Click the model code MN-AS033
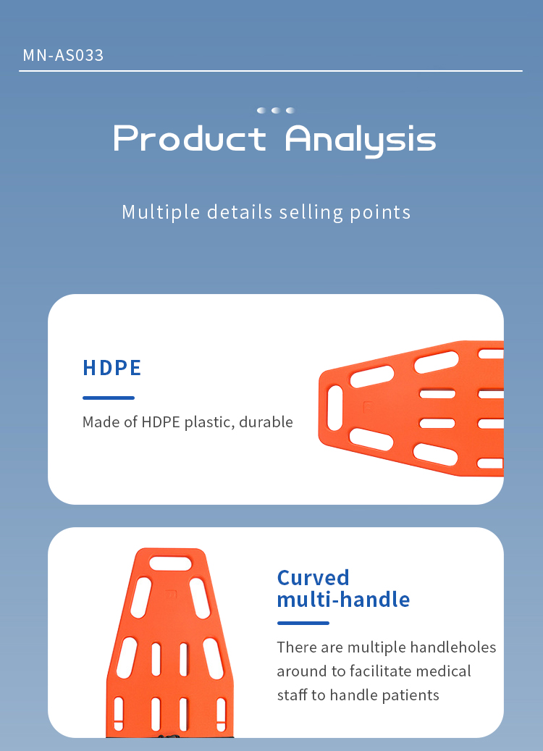(63, 55)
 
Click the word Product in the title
(190, 139)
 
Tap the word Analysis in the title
(361, 140)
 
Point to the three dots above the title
(275, 110)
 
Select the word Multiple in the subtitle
(161, 212)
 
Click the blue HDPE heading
(112, 368)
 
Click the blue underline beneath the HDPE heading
(109, 398)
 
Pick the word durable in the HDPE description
(266, 421)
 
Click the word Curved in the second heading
(313, 578)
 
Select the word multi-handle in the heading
(343, 600)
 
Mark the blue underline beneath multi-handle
(303, 623)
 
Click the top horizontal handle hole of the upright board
(170, 563)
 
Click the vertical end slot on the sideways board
(334, 408)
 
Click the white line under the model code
(271, 71)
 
